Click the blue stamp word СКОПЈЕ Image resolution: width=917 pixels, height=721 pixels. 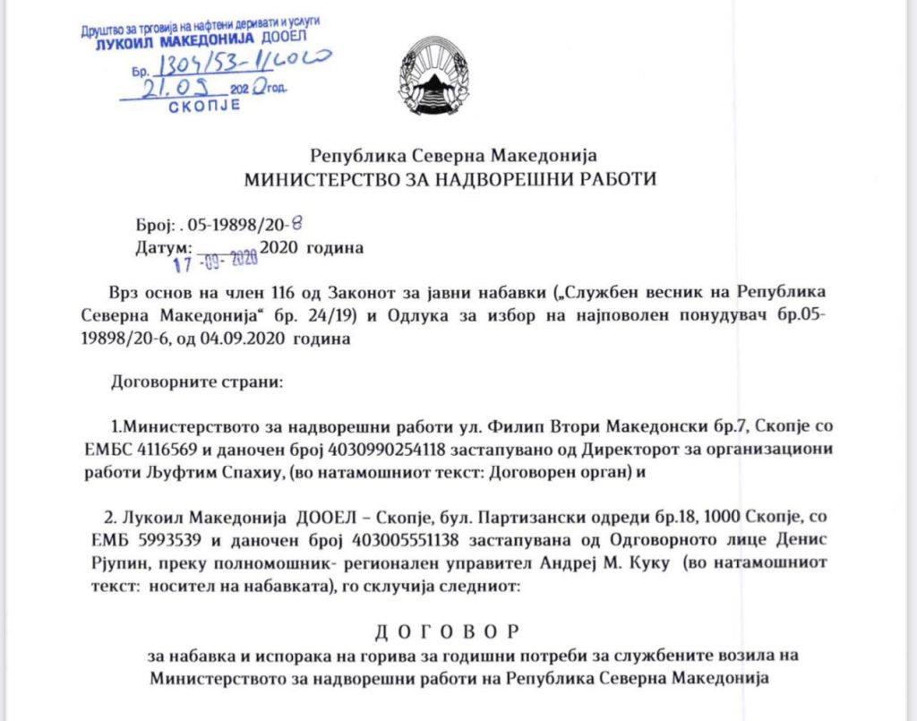(205, 106)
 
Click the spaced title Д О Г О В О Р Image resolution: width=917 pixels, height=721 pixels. (444, 633)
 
